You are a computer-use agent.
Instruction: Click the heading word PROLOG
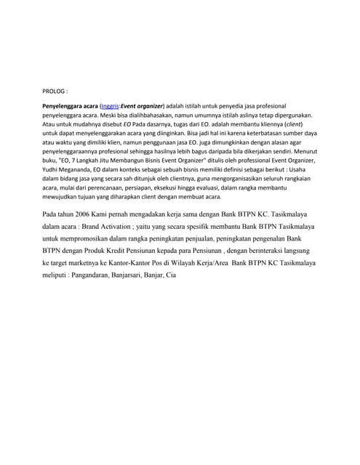pyautogui.click(x=53, y=92)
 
